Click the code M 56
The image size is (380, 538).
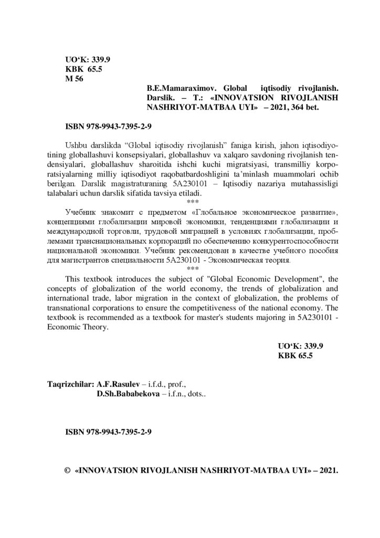point(73,79)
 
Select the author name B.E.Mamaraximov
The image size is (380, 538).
point(176,89)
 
